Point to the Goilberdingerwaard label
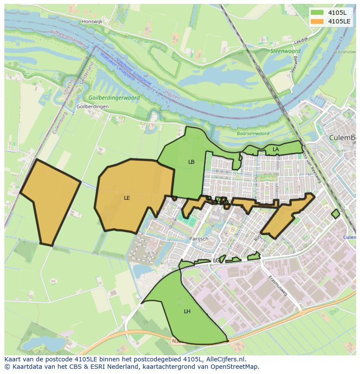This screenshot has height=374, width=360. (114, 98)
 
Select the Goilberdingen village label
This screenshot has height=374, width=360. (92, 106)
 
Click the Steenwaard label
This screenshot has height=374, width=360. (285, 51)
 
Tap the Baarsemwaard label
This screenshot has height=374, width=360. (253, 134)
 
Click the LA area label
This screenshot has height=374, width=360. (276, 149)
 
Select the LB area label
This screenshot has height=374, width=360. (191, 162)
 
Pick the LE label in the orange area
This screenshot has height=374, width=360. (127, 198)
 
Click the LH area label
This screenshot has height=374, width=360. (187, 311)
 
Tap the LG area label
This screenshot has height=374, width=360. (217, 261)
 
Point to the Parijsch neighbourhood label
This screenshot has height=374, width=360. (199, 239)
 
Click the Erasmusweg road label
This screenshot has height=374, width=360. (278, 285)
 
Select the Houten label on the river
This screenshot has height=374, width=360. (172, 95)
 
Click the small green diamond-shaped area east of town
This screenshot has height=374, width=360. (335, 214)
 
